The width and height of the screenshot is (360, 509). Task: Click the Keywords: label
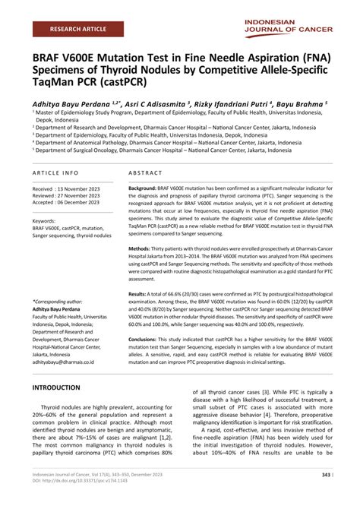click(49, 220)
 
